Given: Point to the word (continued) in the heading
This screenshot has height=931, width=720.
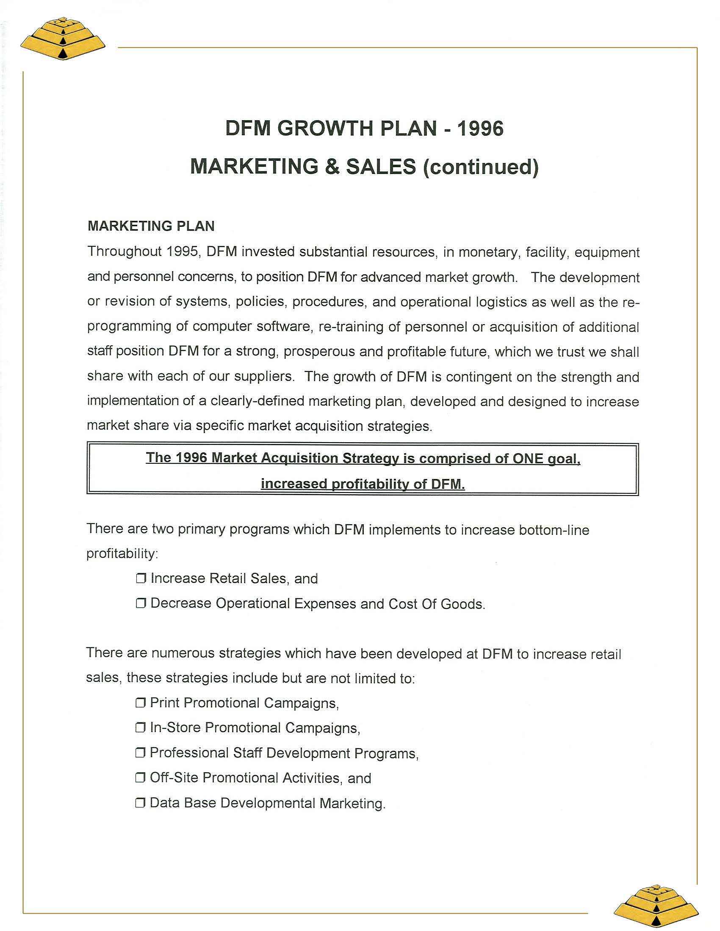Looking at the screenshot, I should pos(481,167).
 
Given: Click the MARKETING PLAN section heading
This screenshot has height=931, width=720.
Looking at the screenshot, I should pos(151,226).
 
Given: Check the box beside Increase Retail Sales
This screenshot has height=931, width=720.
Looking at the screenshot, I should pos(141,578).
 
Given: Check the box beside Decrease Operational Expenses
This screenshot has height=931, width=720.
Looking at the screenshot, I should pos(141,603).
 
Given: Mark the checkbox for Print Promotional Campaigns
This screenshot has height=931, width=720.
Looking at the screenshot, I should pos(141,703).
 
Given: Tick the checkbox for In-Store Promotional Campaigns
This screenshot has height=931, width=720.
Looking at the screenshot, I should pos(141,728).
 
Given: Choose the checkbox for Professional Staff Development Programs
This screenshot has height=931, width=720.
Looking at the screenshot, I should pos(141,753).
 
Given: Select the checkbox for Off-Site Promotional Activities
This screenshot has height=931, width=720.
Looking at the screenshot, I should pos(141,778).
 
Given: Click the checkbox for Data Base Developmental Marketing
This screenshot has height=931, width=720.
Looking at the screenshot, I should pos(141,803).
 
